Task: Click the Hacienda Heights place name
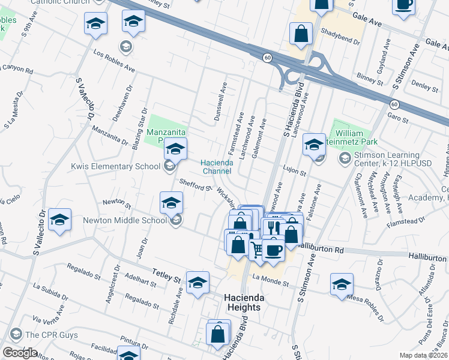pyautogui.click(x=243, y=302)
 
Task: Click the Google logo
pyautogui.click(x=20, y=353)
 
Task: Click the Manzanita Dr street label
pyautogui.click(x=110, y=135)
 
